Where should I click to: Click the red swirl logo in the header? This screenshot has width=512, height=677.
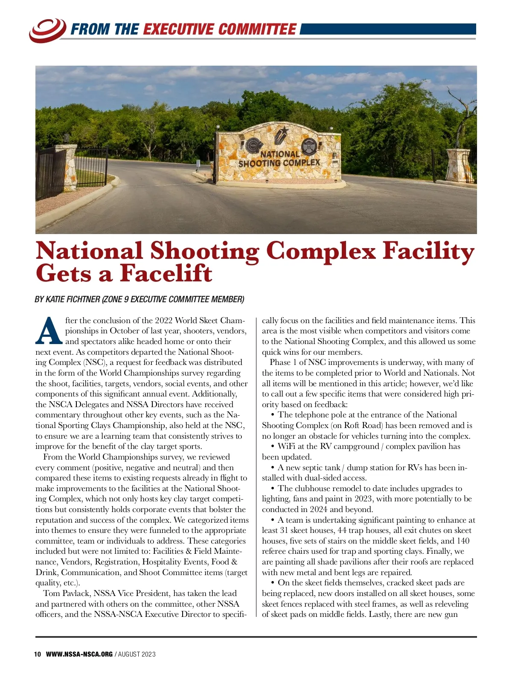tap(47, 30)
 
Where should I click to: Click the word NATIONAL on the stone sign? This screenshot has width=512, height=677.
tap(280, 154)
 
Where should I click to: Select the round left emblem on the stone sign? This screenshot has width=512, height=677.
tap(253, 145)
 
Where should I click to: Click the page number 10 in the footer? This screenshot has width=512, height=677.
tap(38, 654)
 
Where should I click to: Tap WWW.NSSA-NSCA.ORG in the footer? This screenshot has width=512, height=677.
tap(79, 654)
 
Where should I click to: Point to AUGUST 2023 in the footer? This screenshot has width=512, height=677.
tap(137, 654)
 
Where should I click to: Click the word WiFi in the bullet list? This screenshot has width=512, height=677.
tap(286, 446)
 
